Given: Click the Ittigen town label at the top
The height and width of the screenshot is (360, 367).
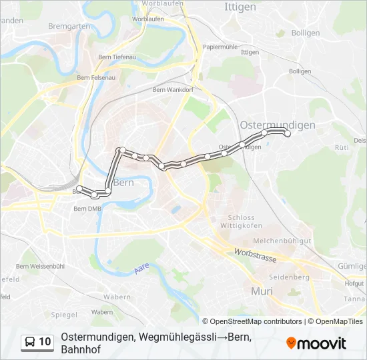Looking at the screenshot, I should pyautogui.click(x=241, y=7).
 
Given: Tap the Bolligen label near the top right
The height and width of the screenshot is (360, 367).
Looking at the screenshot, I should pyautogui.click(x=306, y=32).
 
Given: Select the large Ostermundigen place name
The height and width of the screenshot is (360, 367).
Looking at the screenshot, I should pyautogui.click(x=277, y=125).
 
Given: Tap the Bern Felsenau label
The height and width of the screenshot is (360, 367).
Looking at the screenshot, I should pyautogui.click(x=93, y=79).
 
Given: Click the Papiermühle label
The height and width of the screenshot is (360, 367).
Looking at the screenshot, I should pyautogui.click(x=220, y=47).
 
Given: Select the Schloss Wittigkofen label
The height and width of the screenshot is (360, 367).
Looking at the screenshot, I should pyautogui.click(x=241, y=221).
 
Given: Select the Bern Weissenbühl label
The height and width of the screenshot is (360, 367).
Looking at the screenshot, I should pyautogui.click(x=40, y=266).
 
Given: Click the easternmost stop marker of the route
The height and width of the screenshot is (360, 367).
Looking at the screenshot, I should pyautogui.click(x=288, y=134).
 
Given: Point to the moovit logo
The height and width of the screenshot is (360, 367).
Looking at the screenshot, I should pyautogui.click(x=316, y=343).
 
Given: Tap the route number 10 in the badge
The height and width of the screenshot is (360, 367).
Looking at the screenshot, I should pyautogui.click(x=45, y=342).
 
